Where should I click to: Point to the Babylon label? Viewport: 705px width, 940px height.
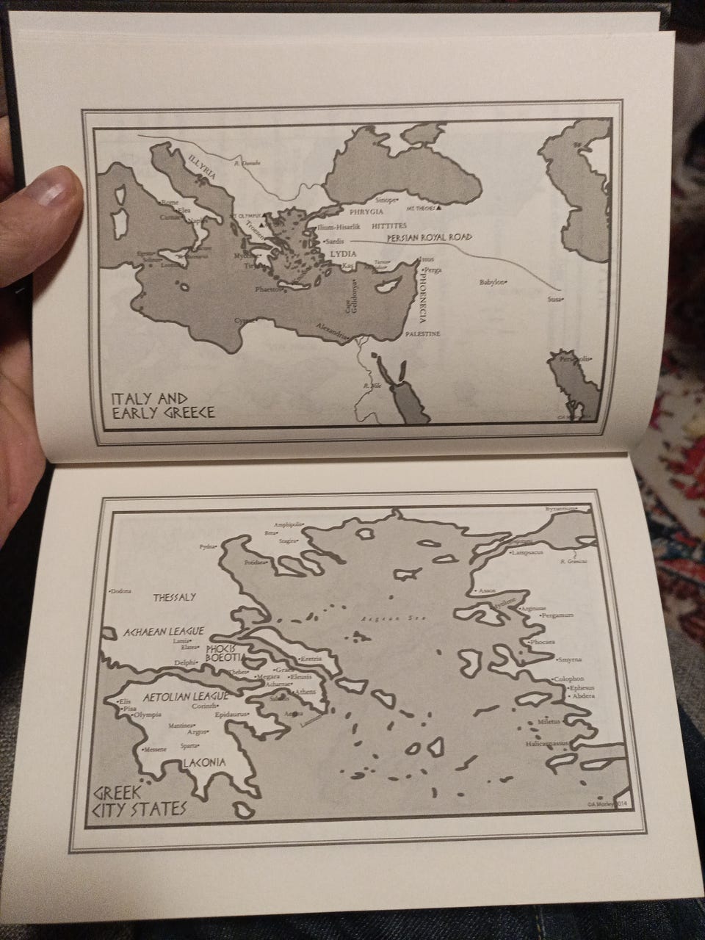pyautogui.click(x=493, y=281)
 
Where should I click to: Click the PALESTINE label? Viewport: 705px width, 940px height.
pyautogui.click(x=422, y=334)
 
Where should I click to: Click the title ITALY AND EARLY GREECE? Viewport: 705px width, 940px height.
pyautogui.click(x=162, y=405)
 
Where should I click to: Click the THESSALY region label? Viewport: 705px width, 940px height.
pyautogui.click(x=175, y=597)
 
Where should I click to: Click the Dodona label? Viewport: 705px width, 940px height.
pyautogui.click(x=119, y=590)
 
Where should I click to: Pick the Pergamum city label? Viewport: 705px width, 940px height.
pyautogui.click(x=557, y=615)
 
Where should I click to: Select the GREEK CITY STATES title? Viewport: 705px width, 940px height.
pyautogui.click(x=139, y=803)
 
